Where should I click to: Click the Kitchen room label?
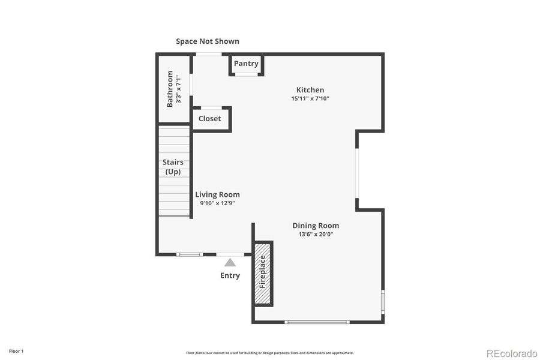310,90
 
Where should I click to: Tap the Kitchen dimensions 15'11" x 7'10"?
310,98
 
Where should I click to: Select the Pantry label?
246,64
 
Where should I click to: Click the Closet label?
210,119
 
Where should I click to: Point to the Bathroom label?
170,89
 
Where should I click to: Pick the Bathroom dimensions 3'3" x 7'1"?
178,89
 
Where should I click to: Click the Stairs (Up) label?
173,167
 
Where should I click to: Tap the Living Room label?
217,194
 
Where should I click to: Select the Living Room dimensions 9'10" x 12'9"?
217,203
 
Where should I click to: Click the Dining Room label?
316,226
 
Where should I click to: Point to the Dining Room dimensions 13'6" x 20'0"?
316,235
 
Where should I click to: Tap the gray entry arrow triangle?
230,262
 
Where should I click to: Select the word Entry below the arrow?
230,275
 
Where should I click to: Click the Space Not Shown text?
208,41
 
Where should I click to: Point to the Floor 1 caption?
16,350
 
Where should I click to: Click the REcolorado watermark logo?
511,353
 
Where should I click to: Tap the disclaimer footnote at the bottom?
270,353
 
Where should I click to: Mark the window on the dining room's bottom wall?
317,322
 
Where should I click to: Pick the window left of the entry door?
190,254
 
